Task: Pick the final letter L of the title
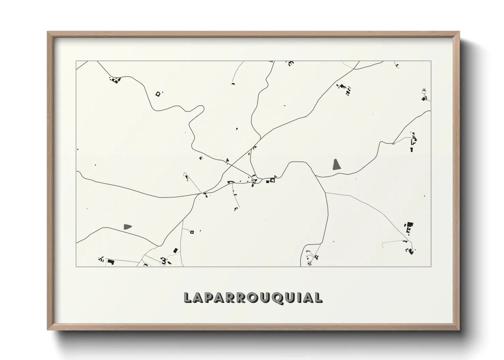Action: point(318,297)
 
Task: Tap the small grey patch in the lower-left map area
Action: point(128,226)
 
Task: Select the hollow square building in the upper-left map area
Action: point(158,94)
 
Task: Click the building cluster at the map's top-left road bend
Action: point(115,80)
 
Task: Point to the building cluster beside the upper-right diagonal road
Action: point(345,88)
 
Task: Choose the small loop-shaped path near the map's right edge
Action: point(424,91)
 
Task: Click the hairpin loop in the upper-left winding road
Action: point(199,110)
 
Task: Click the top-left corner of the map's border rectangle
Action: point(76,61)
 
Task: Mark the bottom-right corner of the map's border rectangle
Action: point(431,266)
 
